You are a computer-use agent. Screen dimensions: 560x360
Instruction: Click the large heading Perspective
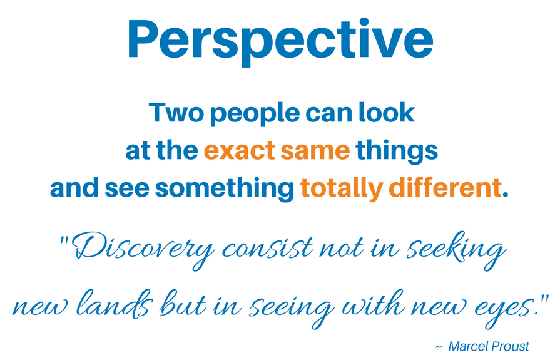click(280, 41)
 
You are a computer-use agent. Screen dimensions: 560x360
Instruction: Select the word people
click(255, 115)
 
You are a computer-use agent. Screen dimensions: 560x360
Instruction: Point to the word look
click(387, 113)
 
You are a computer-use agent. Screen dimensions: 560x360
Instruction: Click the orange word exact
click(239, 150)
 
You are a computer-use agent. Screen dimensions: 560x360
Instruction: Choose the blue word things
click(397, 152)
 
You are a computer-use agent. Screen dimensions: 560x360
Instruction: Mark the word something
click(225, 189)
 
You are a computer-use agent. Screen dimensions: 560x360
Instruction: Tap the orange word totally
click(342, 189)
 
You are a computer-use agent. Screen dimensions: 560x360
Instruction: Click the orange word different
click(445, 187)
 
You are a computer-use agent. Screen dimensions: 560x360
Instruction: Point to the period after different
click(505, 194)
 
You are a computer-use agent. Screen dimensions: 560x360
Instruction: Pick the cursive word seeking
click(456, 250)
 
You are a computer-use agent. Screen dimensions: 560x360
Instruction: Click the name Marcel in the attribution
click(468, 346)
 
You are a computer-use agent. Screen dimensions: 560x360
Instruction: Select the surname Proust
click(510, 346)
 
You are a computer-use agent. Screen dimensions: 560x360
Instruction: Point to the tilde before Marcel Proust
click(439, 347)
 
